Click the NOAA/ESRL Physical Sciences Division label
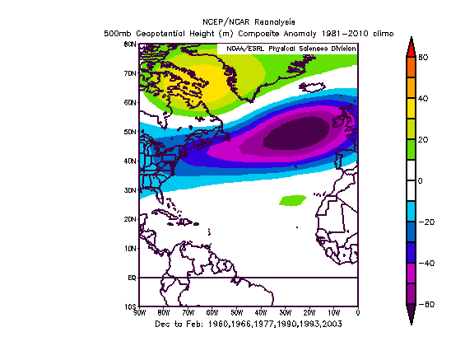(x=287, y=49)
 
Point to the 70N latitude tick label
(x=130, y=73)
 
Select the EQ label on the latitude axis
(x=131, y=278)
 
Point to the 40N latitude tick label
(x=130, y=161)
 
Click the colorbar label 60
(x=424, y=58)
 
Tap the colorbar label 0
(x=421, y=181)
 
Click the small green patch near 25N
(x=292, y=200)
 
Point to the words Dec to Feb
(x=176, y=325)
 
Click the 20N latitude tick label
(x=130, y=220)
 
